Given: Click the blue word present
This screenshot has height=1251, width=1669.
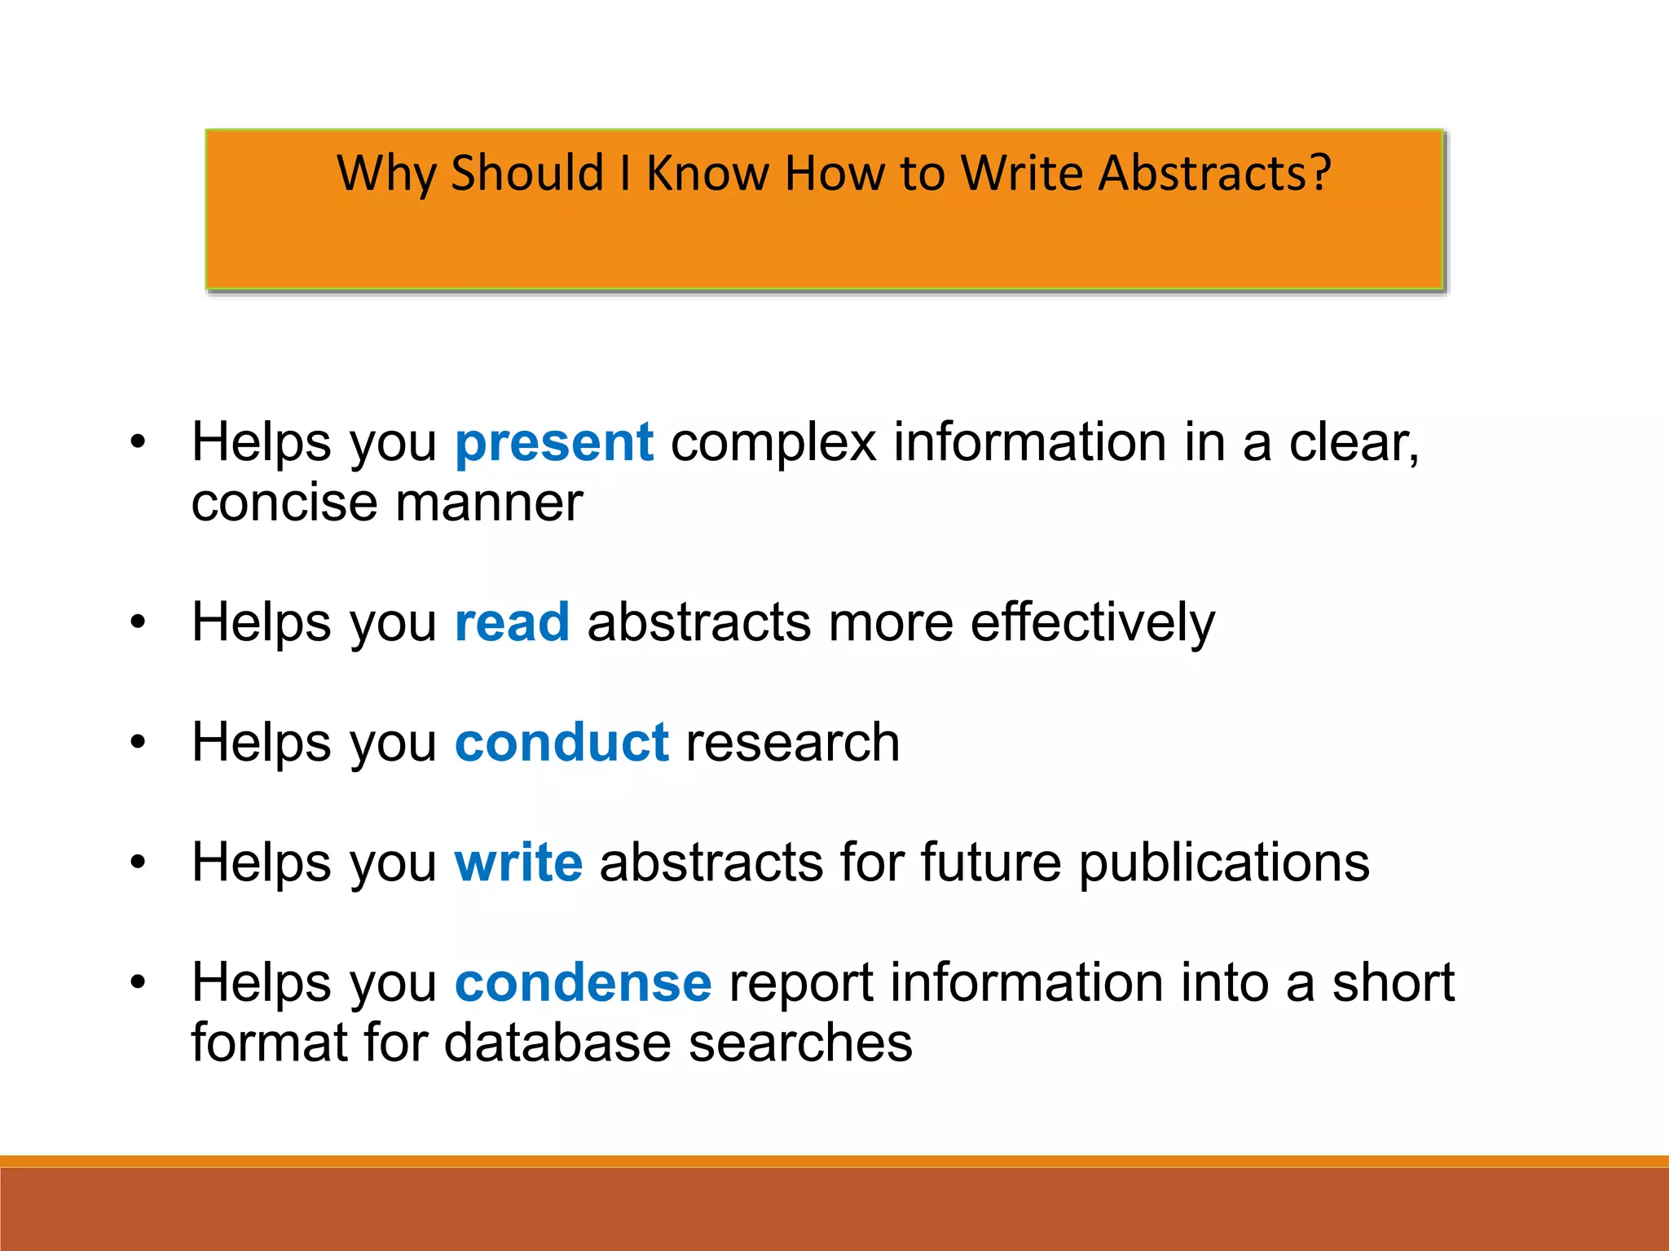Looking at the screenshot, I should click(554, 444).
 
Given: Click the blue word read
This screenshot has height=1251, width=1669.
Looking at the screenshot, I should click(512, 623).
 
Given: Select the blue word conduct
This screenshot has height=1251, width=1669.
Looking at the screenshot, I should click(561, 743).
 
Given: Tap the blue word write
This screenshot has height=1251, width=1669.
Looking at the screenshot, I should click(518, 863).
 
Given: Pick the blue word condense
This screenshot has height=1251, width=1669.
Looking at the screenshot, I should click(583, 983).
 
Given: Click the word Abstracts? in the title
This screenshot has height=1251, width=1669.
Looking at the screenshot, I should click(1214, 173).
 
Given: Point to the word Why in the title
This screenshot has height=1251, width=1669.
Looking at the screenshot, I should click(387, 173).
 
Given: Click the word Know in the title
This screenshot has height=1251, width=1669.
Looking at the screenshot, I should click(707, 173).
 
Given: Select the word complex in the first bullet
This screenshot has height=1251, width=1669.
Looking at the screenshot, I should click(773, 444).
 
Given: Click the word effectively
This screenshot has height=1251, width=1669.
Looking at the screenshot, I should click(1092, 623).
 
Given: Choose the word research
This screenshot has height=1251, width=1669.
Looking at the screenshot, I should click(793, 743).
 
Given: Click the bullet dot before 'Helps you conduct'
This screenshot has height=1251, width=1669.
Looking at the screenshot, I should click(138, 743).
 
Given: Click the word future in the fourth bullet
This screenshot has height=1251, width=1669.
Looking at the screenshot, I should click(991, 863).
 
